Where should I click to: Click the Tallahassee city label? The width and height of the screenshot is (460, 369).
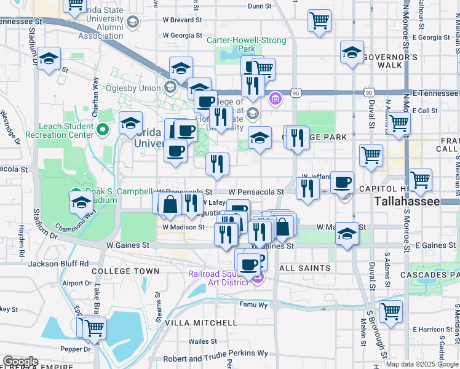point(407,202)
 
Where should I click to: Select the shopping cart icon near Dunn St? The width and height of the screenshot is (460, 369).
point(320,21)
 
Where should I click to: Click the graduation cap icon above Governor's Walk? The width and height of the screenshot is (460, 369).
point(352,53)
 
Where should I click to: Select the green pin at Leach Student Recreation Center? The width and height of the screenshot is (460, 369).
point(103,130)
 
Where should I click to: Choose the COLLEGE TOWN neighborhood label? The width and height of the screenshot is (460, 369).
point(125,271)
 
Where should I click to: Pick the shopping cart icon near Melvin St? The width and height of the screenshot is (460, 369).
point(391,311)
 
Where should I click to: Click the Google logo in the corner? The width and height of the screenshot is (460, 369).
point(20,362)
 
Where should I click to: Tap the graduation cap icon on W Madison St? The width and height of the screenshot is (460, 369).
point(347,234)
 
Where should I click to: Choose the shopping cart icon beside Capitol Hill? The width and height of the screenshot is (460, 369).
point(421,180)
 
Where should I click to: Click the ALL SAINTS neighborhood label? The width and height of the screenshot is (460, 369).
point(305,268)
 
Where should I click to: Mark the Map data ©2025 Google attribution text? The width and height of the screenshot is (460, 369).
point(422,364)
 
